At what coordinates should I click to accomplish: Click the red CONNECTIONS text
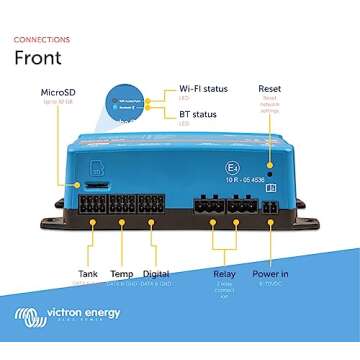[42, 39]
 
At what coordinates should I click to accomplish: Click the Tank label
[88, 273]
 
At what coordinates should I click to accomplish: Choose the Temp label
[122, 273]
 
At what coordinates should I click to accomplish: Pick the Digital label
[155, 273]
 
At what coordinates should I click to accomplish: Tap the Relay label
[224, 273]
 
